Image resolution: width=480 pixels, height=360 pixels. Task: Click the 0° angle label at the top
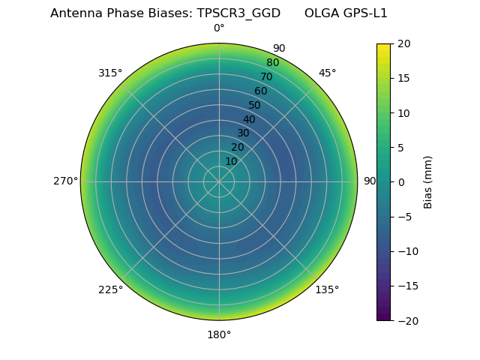coord(219,28)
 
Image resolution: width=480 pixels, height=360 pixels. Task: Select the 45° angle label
coord(328,73)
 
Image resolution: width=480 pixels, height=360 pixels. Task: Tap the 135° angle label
coord(327,289)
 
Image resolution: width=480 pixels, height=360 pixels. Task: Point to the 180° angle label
coord(219,334)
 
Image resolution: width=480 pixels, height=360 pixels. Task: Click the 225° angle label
coord(110,289)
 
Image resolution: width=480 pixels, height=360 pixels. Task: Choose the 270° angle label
coord(65,181)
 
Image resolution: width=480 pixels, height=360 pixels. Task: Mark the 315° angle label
coord(110,73)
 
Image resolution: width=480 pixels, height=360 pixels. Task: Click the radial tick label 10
coord(231,161)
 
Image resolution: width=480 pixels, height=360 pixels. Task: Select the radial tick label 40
coord(249,119)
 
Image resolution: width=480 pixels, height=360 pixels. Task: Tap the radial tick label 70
coord(266,76)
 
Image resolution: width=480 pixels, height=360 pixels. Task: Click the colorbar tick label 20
coord(403,43)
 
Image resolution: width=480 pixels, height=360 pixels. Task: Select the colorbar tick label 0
coord(400,181)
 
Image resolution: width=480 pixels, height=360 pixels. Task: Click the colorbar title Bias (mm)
coord(428,182)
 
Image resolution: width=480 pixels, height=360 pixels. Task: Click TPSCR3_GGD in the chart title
coord(238,13)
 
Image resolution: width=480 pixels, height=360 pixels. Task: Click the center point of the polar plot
coord(219,181)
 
